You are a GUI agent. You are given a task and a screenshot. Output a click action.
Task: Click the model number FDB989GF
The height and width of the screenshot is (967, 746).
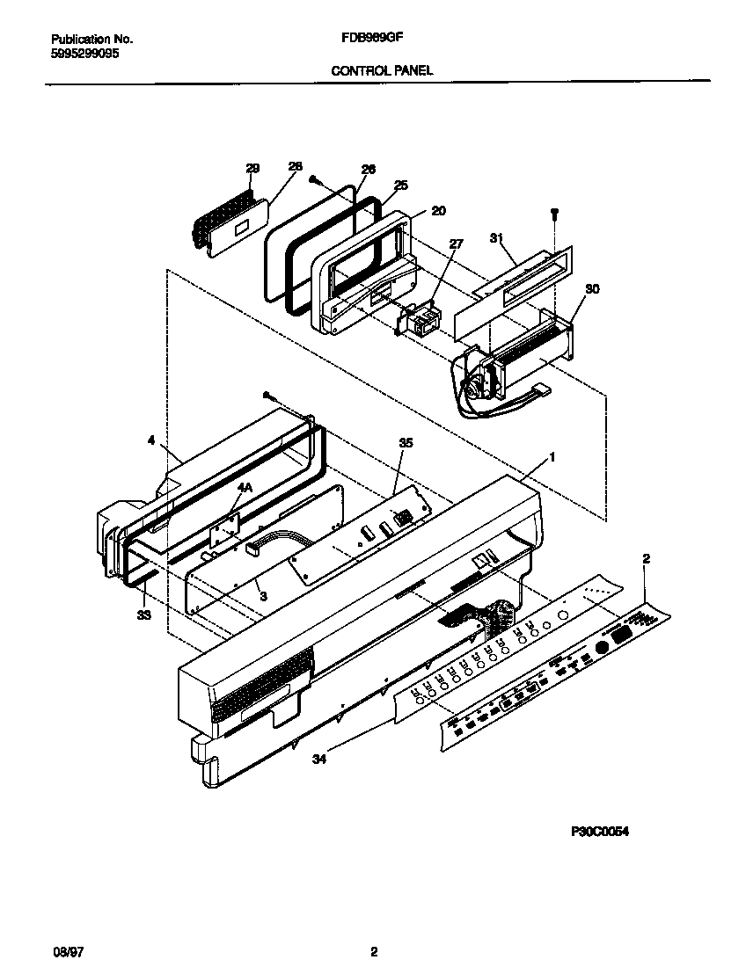(x=366, y=39)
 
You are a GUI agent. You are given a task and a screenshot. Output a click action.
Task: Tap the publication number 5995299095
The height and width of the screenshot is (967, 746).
(x=85, y=53)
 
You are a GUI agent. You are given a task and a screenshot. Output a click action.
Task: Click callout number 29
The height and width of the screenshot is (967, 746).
(x=252, y=168)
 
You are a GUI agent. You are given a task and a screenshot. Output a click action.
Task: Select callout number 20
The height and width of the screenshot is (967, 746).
(x=438, y=210)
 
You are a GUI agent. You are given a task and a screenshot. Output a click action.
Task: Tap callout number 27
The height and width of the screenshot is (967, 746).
(x=455, y=244)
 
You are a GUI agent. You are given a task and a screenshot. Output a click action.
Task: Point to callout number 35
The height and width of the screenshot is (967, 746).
(x=405, y=444)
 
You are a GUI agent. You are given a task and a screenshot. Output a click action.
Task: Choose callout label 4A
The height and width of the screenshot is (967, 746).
(x=244, y=485)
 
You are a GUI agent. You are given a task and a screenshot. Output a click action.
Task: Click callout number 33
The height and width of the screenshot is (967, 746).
(x=143, y=614)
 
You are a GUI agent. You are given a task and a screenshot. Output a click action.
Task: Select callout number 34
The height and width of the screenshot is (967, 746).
(x=318, y=760)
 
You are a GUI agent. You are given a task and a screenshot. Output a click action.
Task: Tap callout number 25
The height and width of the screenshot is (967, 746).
(x=401, y=185)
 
